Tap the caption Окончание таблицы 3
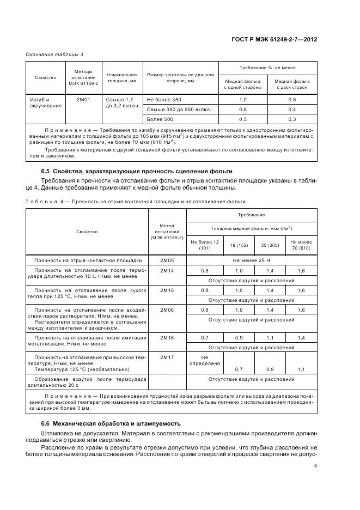click(55, 54)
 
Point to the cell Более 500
click(160, 119)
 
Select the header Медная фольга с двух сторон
click(292, 83)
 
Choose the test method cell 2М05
click(167, 260)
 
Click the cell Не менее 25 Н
click(251, 260)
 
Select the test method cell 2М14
click(167, 270)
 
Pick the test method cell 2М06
click(167, 309)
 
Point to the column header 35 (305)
click(270, 245)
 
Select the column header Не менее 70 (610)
click(301, 245)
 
